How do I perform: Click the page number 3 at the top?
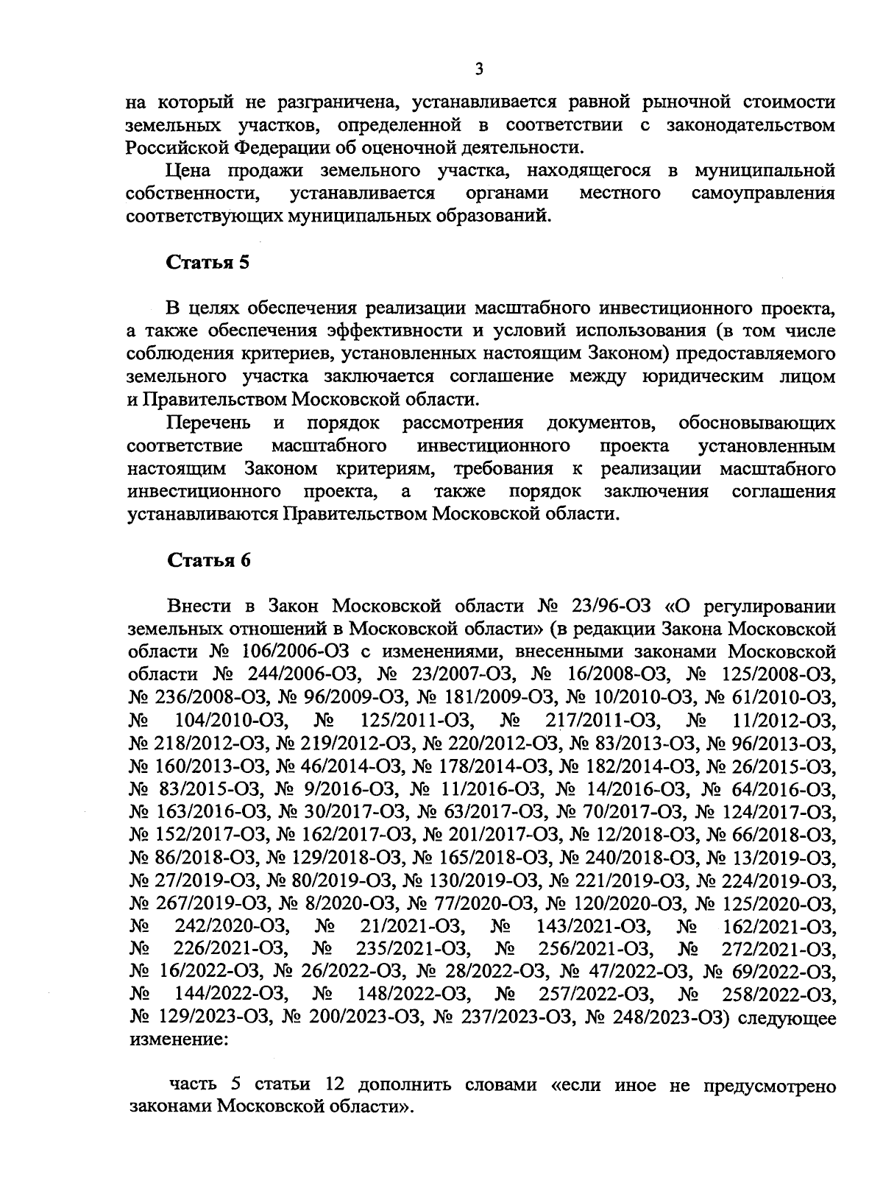[478, 69]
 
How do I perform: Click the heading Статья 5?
[209, 263]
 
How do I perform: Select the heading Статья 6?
[210, 560]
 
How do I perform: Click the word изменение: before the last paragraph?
[177, 1041]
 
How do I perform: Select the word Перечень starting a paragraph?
[209, 423]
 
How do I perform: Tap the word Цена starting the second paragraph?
[188, 171]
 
